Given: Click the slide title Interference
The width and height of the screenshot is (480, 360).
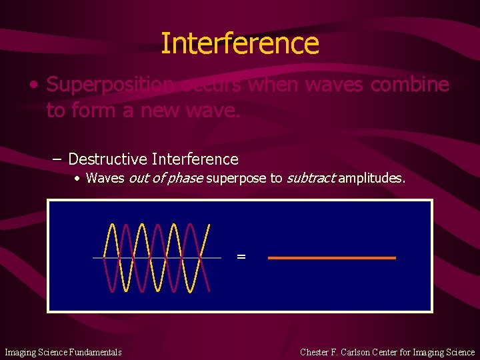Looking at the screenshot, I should (240, 43).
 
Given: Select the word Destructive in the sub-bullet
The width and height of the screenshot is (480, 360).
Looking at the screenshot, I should (107, 159).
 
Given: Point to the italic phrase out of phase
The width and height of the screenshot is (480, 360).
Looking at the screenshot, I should (165, 178).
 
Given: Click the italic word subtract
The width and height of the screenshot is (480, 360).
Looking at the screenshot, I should (310, 178).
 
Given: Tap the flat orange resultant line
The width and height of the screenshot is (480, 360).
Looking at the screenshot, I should (331, 257).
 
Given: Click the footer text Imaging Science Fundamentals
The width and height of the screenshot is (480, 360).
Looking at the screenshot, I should (63, 352).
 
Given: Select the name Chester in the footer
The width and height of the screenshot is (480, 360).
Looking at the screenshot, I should (315, 352).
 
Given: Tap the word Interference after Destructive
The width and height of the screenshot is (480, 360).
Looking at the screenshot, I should (195, 159).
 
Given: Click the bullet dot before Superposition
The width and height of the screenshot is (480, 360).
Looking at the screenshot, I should (33, 85).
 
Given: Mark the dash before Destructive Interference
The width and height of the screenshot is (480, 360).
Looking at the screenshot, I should (58, 159).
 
